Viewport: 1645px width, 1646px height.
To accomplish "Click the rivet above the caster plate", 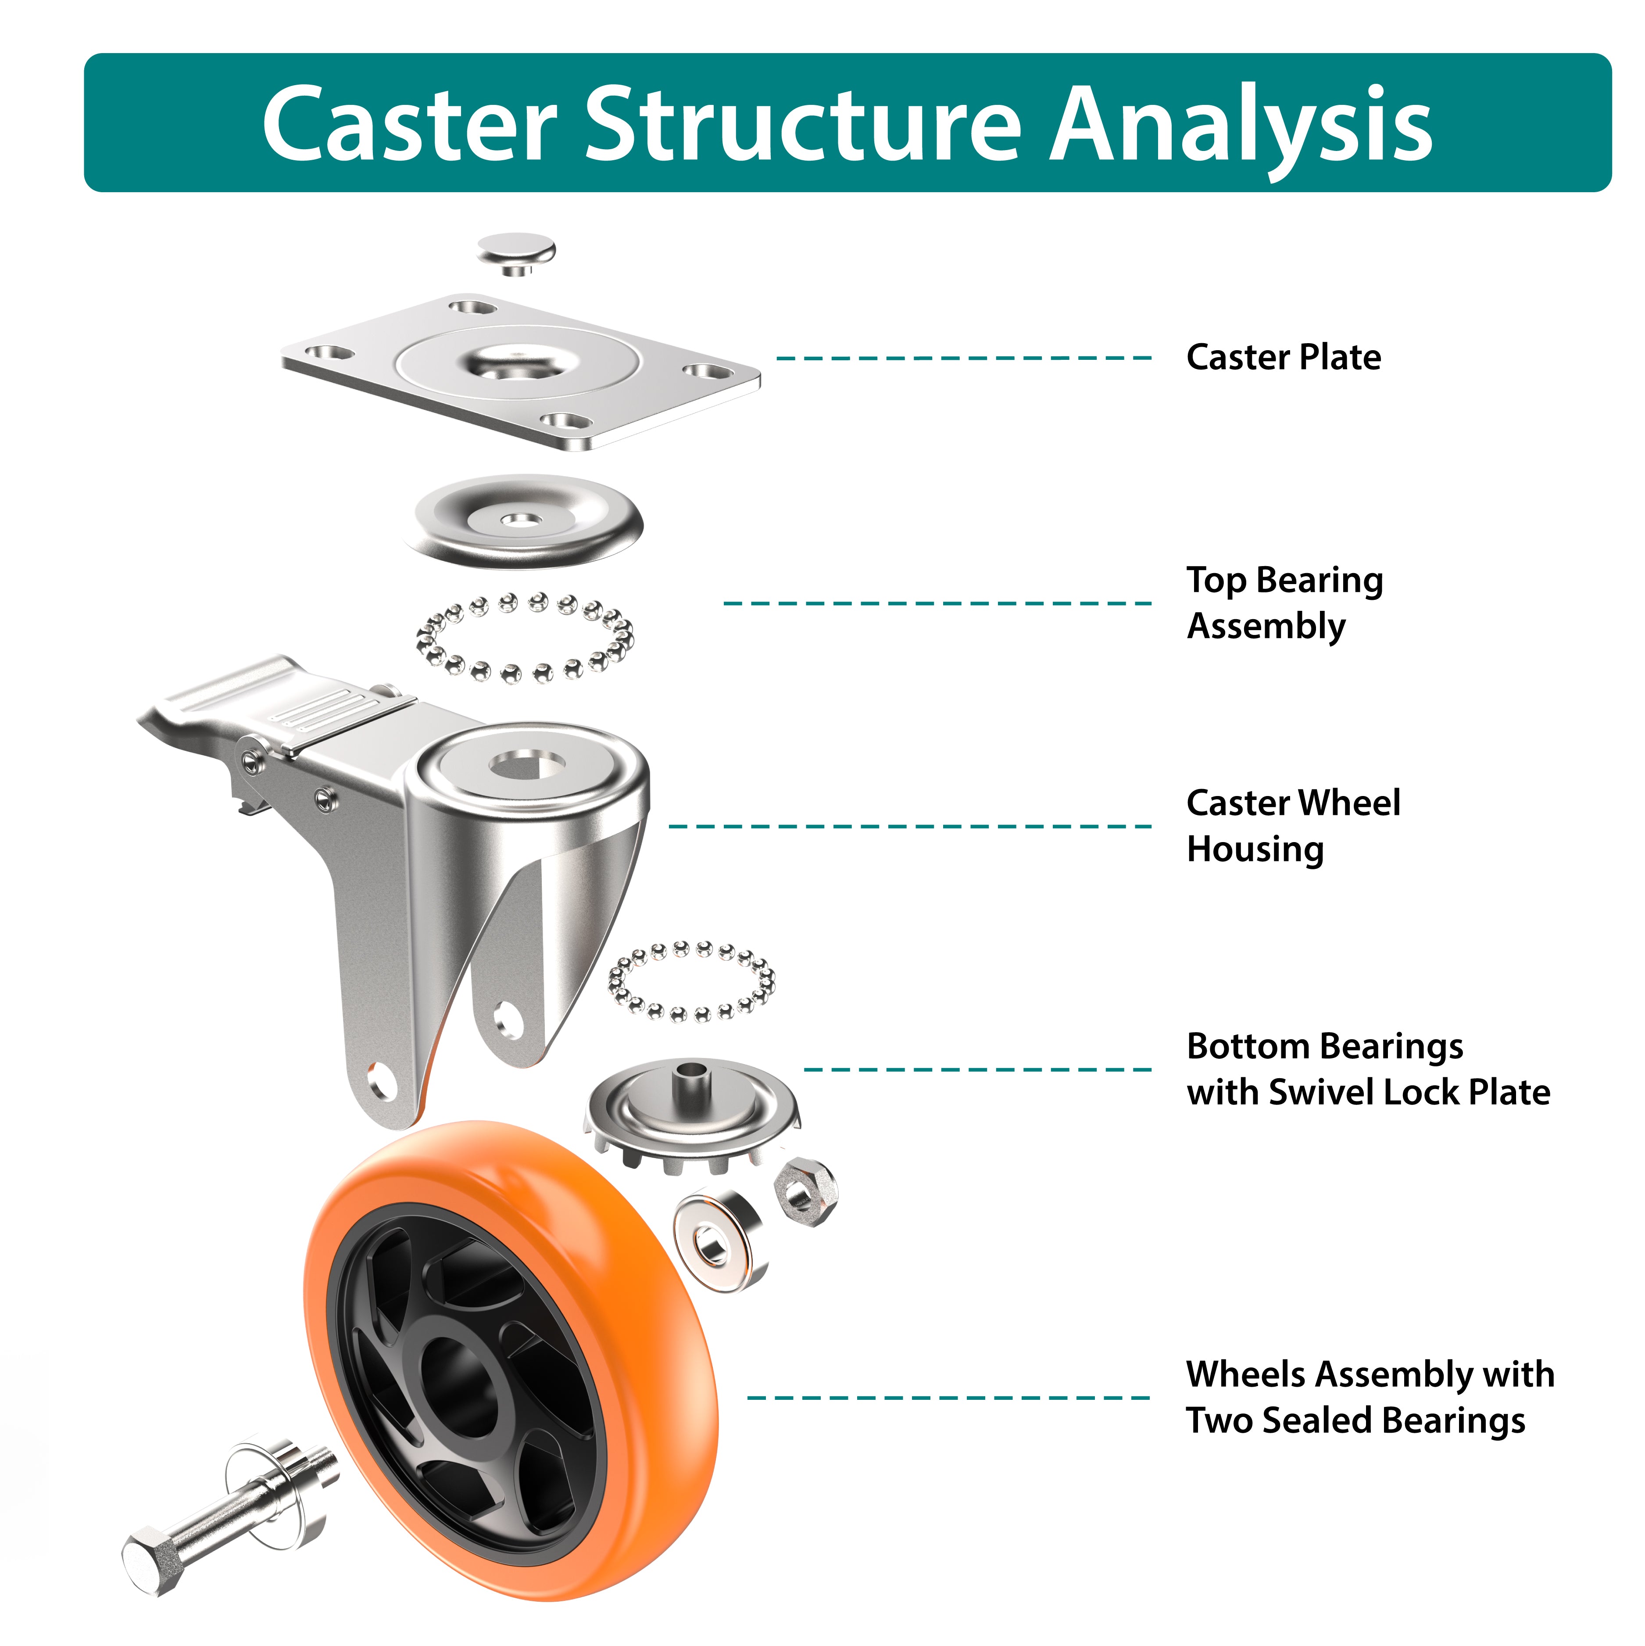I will (x=515, y=251).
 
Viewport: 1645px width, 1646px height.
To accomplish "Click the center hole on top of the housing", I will (x=528, y=764).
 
